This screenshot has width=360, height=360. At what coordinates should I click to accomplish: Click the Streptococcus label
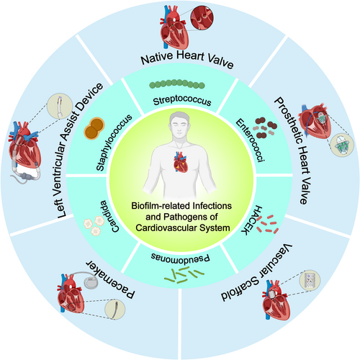pos(182,101)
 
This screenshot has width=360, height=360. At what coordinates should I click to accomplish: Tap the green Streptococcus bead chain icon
pos(177,84)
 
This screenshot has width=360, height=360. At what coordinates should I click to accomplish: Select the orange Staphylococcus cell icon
pos(94,128)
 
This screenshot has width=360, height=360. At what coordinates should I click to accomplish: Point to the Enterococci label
pos(250,140)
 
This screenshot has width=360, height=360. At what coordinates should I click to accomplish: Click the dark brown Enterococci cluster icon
pos(266,128)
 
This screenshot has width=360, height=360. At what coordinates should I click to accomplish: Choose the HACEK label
pos(251,220)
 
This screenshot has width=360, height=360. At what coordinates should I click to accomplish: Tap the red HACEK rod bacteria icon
pos(267,225)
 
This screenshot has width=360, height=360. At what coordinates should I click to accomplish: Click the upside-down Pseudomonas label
pos(181,257)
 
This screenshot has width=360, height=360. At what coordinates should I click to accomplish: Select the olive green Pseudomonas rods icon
pos(184,275)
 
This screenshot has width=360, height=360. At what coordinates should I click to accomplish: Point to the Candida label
pos(109,216)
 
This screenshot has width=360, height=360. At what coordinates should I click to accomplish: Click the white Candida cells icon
pos(94,225)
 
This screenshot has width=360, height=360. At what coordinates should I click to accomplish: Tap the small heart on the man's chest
pos(180,162)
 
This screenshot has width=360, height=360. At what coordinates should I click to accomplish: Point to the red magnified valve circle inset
pos(202,17)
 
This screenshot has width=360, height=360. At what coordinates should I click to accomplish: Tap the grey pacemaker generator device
pos(91,282)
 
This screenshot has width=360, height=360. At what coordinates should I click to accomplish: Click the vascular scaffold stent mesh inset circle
pos(310,280)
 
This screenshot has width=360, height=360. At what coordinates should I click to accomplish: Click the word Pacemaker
pos(110,279)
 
